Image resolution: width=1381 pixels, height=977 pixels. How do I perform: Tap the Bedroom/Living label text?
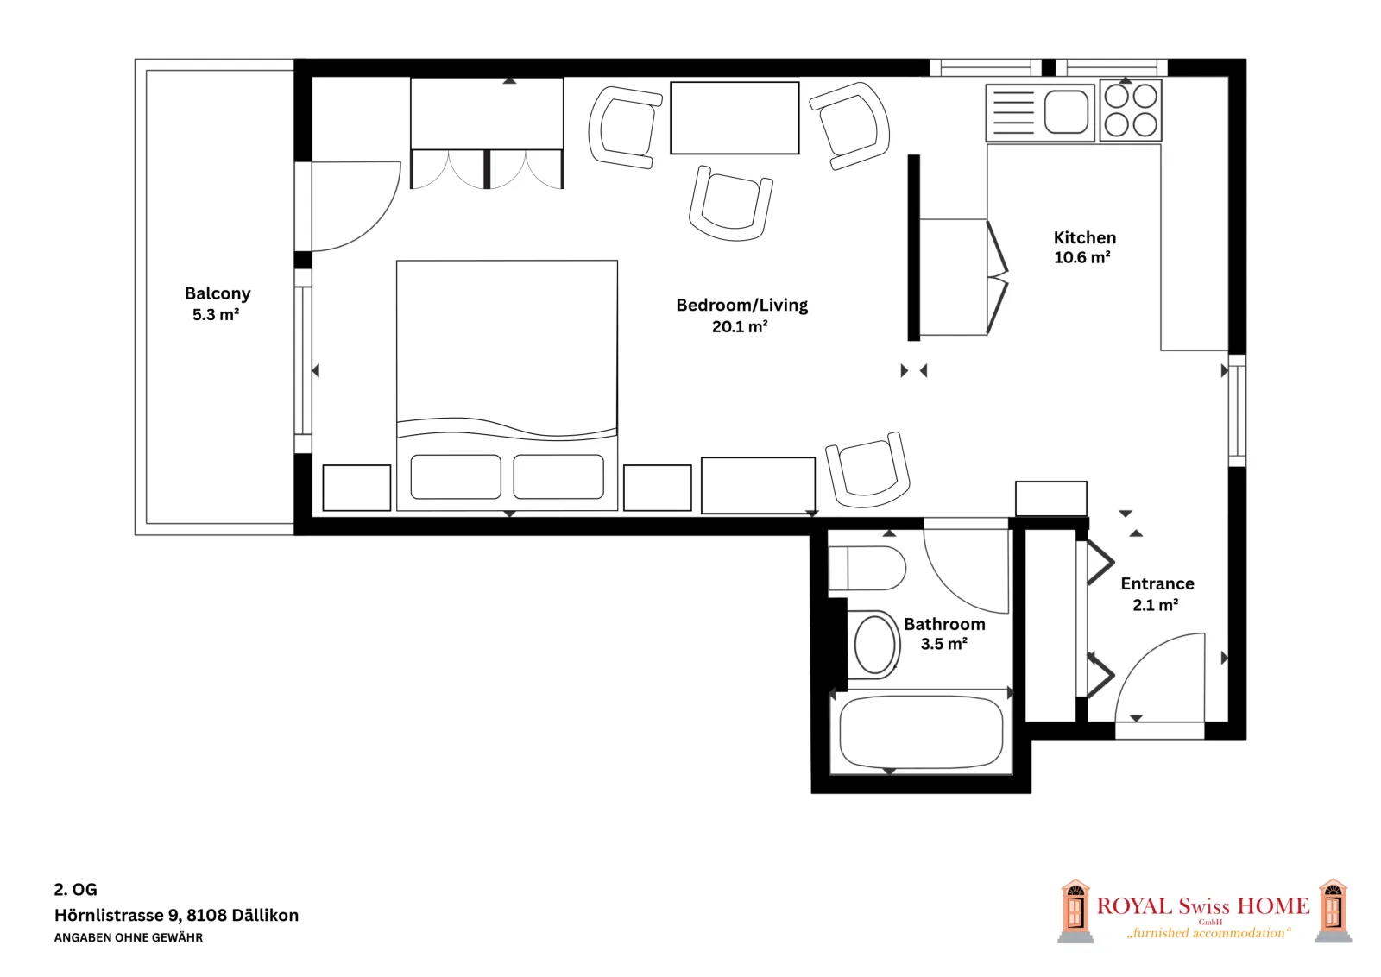741,306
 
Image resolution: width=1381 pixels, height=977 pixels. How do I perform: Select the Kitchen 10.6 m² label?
1084,247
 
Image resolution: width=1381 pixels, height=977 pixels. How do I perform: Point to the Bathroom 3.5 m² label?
944,633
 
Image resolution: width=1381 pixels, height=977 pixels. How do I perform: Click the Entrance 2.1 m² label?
1157,594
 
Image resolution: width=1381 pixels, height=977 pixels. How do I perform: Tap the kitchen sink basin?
1066,111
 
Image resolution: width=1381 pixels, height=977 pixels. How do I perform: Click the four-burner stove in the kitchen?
1131,111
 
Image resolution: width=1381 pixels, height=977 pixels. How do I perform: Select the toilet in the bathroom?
867,568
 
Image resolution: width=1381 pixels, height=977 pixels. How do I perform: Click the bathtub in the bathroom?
921,732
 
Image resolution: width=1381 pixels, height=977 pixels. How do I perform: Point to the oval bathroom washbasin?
875,645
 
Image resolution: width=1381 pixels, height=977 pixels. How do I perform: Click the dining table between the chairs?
735,117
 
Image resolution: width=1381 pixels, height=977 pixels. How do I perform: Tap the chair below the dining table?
731,204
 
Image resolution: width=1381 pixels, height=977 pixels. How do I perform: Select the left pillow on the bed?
456,476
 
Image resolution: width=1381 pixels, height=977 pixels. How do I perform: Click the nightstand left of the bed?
356,488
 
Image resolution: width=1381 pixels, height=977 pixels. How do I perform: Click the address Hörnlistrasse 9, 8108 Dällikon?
176,916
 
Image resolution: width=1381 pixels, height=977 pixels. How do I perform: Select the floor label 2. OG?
75,890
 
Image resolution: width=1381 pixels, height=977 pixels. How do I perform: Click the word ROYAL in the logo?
1134,906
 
